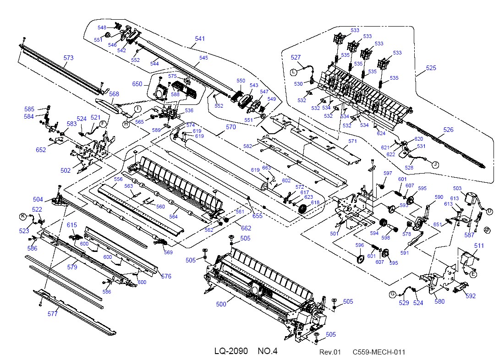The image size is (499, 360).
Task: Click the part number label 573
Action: pos(68,58)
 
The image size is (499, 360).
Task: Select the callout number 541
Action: pos(200,38)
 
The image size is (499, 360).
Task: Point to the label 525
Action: pos(431,68)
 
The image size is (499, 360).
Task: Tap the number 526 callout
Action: pos(448,130)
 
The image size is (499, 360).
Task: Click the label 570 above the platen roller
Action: pos(231,127)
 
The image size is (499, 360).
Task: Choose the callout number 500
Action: pos(221,304)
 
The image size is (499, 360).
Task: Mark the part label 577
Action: pos(53,314)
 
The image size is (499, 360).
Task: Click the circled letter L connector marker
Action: pos(293,72)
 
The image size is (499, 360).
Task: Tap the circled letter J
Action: pos(435,164)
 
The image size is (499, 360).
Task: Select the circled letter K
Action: pos(22,217)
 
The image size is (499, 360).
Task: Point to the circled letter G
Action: pos(392,295)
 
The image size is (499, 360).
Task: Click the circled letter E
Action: pos(473,274)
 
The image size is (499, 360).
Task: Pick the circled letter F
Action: pos(103,124)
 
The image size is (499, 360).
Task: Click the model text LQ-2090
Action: pos(231,351)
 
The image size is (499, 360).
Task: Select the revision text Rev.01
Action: pos(330,352)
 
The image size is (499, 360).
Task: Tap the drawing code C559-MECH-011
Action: pos(379,352)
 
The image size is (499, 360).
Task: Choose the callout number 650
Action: pos(137,84)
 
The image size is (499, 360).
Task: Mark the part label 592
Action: pos(470,296)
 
